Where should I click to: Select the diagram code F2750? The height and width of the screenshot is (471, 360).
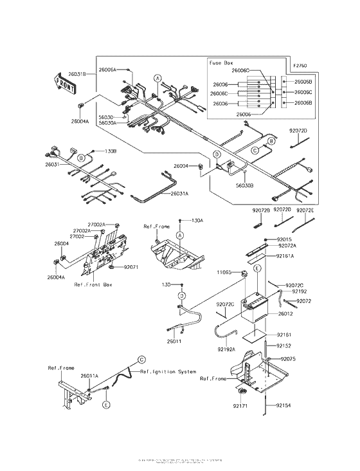(300, 65)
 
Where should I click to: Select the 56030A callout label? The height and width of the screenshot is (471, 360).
(107, 122)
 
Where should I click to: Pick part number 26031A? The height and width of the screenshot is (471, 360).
(180, 194)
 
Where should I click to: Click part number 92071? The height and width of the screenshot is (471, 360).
(132, 266)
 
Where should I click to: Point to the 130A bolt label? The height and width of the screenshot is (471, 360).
(197, 220)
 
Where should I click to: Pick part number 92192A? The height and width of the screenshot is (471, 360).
(226, 349)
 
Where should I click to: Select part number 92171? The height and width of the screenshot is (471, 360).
(240, 407)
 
